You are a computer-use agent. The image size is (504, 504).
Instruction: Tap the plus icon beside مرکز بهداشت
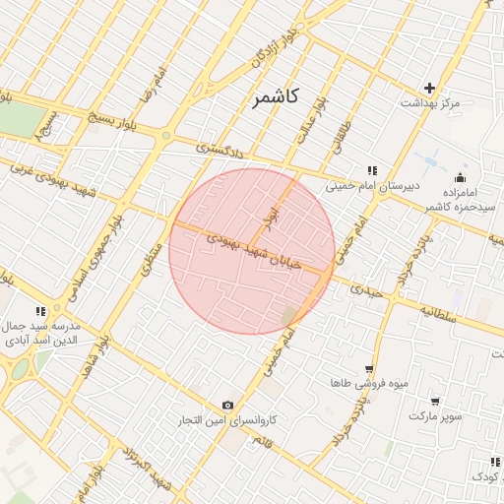click(429, 88)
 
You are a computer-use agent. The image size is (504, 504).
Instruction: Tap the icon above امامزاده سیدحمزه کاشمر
click(460, 177)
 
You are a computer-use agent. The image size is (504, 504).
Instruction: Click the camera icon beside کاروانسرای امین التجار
click(228, 405)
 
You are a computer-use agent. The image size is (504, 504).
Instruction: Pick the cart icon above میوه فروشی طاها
click(368, 367)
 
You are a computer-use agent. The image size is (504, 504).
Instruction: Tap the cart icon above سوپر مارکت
click(435, 402)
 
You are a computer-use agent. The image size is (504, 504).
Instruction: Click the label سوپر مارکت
click(435, 416)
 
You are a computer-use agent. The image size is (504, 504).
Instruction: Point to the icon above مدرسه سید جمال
click(40, 311)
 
